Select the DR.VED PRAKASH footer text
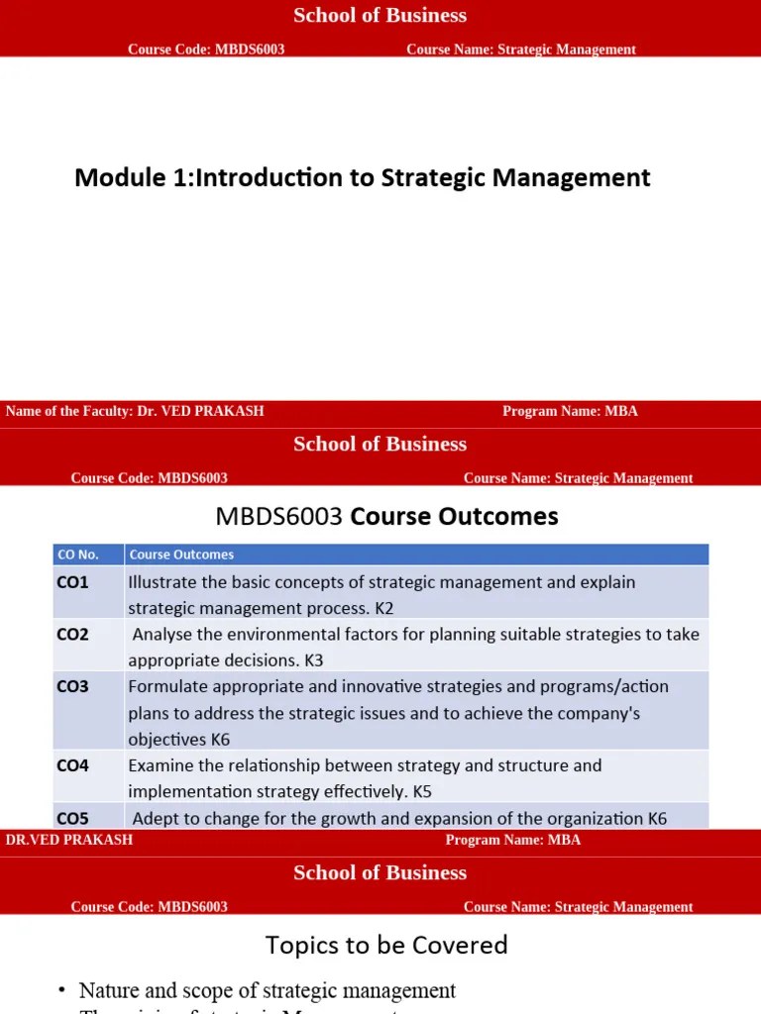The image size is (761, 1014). click(x=69, y=840)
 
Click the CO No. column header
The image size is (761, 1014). click(x=78, y=555)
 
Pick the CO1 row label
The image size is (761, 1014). click(x=72, y=582)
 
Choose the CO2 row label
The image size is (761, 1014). click(x=72, y=634)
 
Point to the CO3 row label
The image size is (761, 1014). click(x=72, y=686)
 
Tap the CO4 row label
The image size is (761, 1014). click(x=72, y=765)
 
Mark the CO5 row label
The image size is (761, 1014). click(x=72, y=818)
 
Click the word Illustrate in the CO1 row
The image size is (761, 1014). click(x=163, y=582)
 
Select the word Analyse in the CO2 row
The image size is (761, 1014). click(x=164, y=634)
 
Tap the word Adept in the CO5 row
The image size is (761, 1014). click(x=155, y=818)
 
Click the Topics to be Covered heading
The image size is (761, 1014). click(x=386, y=946)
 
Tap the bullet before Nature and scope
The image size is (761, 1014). click(x=61, y=991)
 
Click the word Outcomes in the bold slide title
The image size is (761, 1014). click(x=502, y=517)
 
